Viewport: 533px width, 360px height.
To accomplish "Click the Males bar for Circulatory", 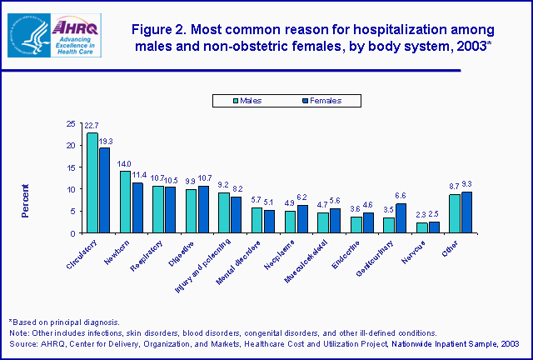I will coord(92,182).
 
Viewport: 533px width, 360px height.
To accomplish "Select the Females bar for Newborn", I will coord(137,207).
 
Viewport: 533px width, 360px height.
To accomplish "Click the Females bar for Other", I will coord(466,212).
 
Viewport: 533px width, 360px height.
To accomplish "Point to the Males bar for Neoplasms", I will coord(291,222).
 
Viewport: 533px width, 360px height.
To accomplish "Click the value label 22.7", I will coord(92,127).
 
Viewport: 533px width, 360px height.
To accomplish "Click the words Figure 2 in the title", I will coord(166,29).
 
